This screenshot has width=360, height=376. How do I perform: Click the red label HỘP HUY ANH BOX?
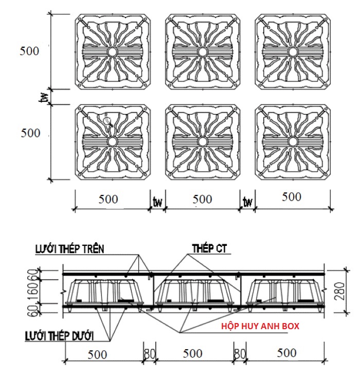tap(260, 326)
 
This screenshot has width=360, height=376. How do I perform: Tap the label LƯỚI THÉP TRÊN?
tap(70, 249)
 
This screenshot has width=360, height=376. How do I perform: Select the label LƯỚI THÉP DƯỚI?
tap(59, 336)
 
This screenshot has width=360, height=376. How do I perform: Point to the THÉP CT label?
tap(209, 248)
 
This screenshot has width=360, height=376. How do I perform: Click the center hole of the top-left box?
tap(112, 51)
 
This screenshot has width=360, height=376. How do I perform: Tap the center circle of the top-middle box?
tap(202, 51)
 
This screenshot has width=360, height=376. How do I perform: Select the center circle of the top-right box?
tap(293, 51)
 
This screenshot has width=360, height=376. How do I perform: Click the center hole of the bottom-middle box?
tap(202, 142)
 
